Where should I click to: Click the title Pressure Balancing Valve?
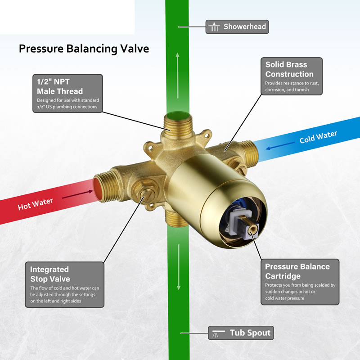[x=84, y=49]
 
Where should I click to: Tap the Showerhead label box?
[x=237, y=27]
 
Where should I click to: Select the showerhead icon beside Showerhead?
[x=214, y=27]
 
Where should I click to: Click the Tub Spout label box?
[x=241, y=333]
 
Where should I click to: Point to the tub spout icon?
[x=218, y=333]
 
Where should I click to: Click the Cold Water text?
[x=318, y=137]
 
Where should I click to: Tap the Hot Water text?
[x=36, y=204]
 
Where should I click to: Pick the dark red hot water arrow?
[x=77, y=194]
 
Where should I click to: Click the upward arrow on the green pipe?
[x=177, y=76]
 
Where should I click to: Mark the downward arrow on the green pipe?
[x=179, y=267]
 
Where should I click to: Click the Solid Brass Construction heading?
[x=289, y=69]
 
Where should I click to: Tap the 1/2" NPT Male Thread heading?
[x=60, y=86]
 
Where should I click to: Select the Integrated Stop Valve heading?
[x=50, y=274]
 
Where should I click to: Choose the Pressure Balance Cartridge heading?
[x=297, y=271]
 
